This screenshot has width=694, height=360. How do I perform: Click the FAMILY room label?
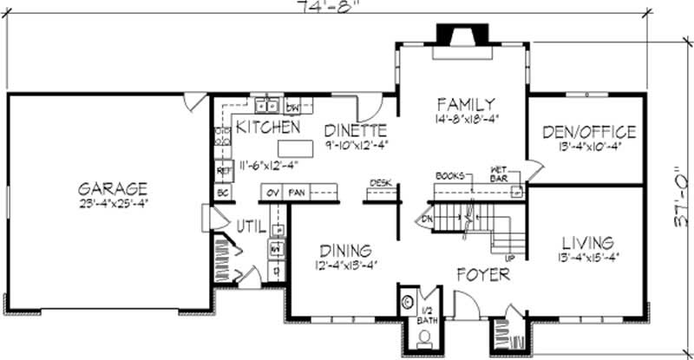(x=465, y=103)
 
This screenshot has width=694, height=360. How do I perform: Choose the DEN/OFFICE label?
(x=589, y=132)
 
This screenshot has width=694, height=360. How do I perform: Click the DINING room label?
(x=345, y=251)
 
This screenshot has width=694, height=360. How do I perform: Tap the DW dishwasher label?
(x=292, y=108)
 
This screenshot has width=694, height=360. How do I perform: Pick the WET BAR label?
(x=499, y=173)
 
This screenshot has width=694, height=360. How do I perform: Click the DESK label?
(x=379, y=183)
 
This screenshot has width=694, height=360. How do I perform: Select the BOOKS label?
(x=451, y=174)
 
